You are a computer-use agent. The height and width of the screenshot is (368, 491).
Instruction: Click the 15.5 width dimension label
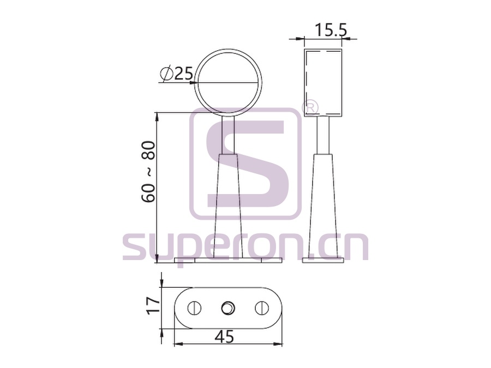[331, 30]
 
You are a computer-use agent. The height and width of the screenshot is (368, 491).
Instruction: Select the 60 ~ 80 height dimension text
[148, 172]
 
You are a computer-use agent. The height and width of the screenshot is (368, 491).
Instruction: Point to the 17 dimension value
[153, 306]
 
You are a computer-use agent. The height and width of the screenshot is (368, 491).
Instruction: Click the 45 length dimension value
[224, 337]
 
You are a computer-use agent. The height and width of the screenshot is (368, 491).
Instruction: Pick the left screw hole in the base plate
[194, 308]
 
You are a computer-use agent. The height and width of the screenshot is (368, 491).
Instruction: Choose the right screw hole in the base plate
[262, 308]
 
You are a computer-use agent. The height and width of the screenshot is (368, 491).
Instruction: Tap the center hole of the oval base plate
[227, 308]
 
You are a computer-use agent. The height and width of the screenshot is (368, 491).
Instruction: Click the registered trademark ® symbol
[310, 107]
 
